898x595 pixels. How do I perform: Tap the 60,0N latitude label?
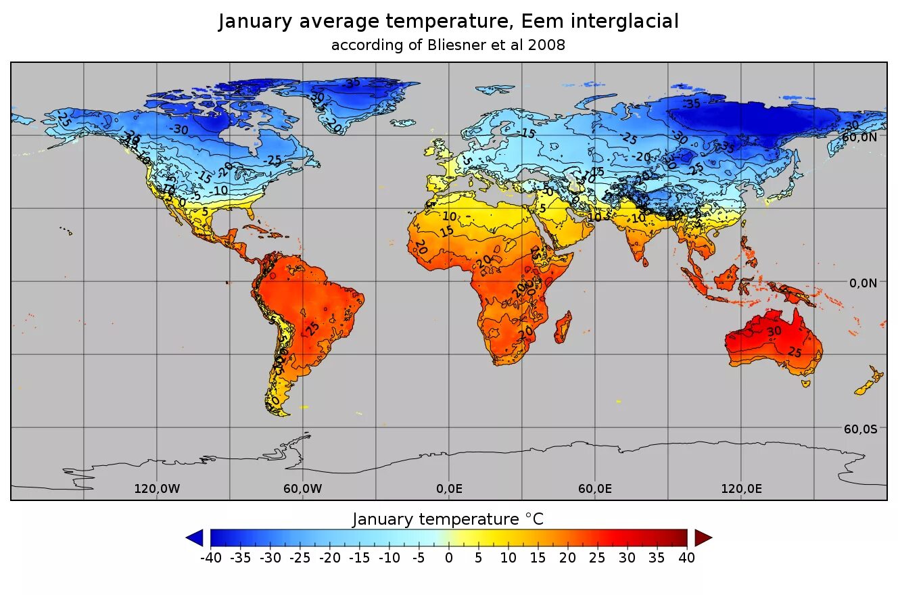coord(859,137)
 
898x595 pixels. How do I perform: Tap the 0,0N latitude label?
coord(863,283)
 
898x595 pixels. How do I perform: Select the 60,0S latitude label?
coord(860,429)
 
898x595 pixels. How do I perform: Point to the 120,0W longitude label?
coord(157,488)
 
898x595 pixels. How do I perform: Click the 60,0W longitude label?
coord(303,488)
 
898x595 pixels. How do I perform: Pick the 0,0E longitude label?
coord(450,488)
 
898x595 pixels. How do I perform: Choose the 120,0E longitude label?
coord(742,488)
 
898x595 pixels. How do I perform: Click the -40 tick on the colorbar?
coord(211,558)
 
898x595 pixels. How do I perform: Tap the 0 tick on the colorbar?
coord(448,558)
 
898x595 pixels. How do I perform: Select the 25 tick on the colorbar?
coord(598,558)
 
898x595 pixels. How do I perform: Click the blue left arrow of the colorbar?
coord(195,538)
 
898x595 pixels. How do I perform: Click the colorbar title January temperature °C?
coord(448,519)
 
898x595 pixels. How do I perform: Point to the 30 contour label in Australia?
coord(774,331)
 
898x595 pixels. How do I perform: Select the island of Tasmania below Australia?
coord(805,383)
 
